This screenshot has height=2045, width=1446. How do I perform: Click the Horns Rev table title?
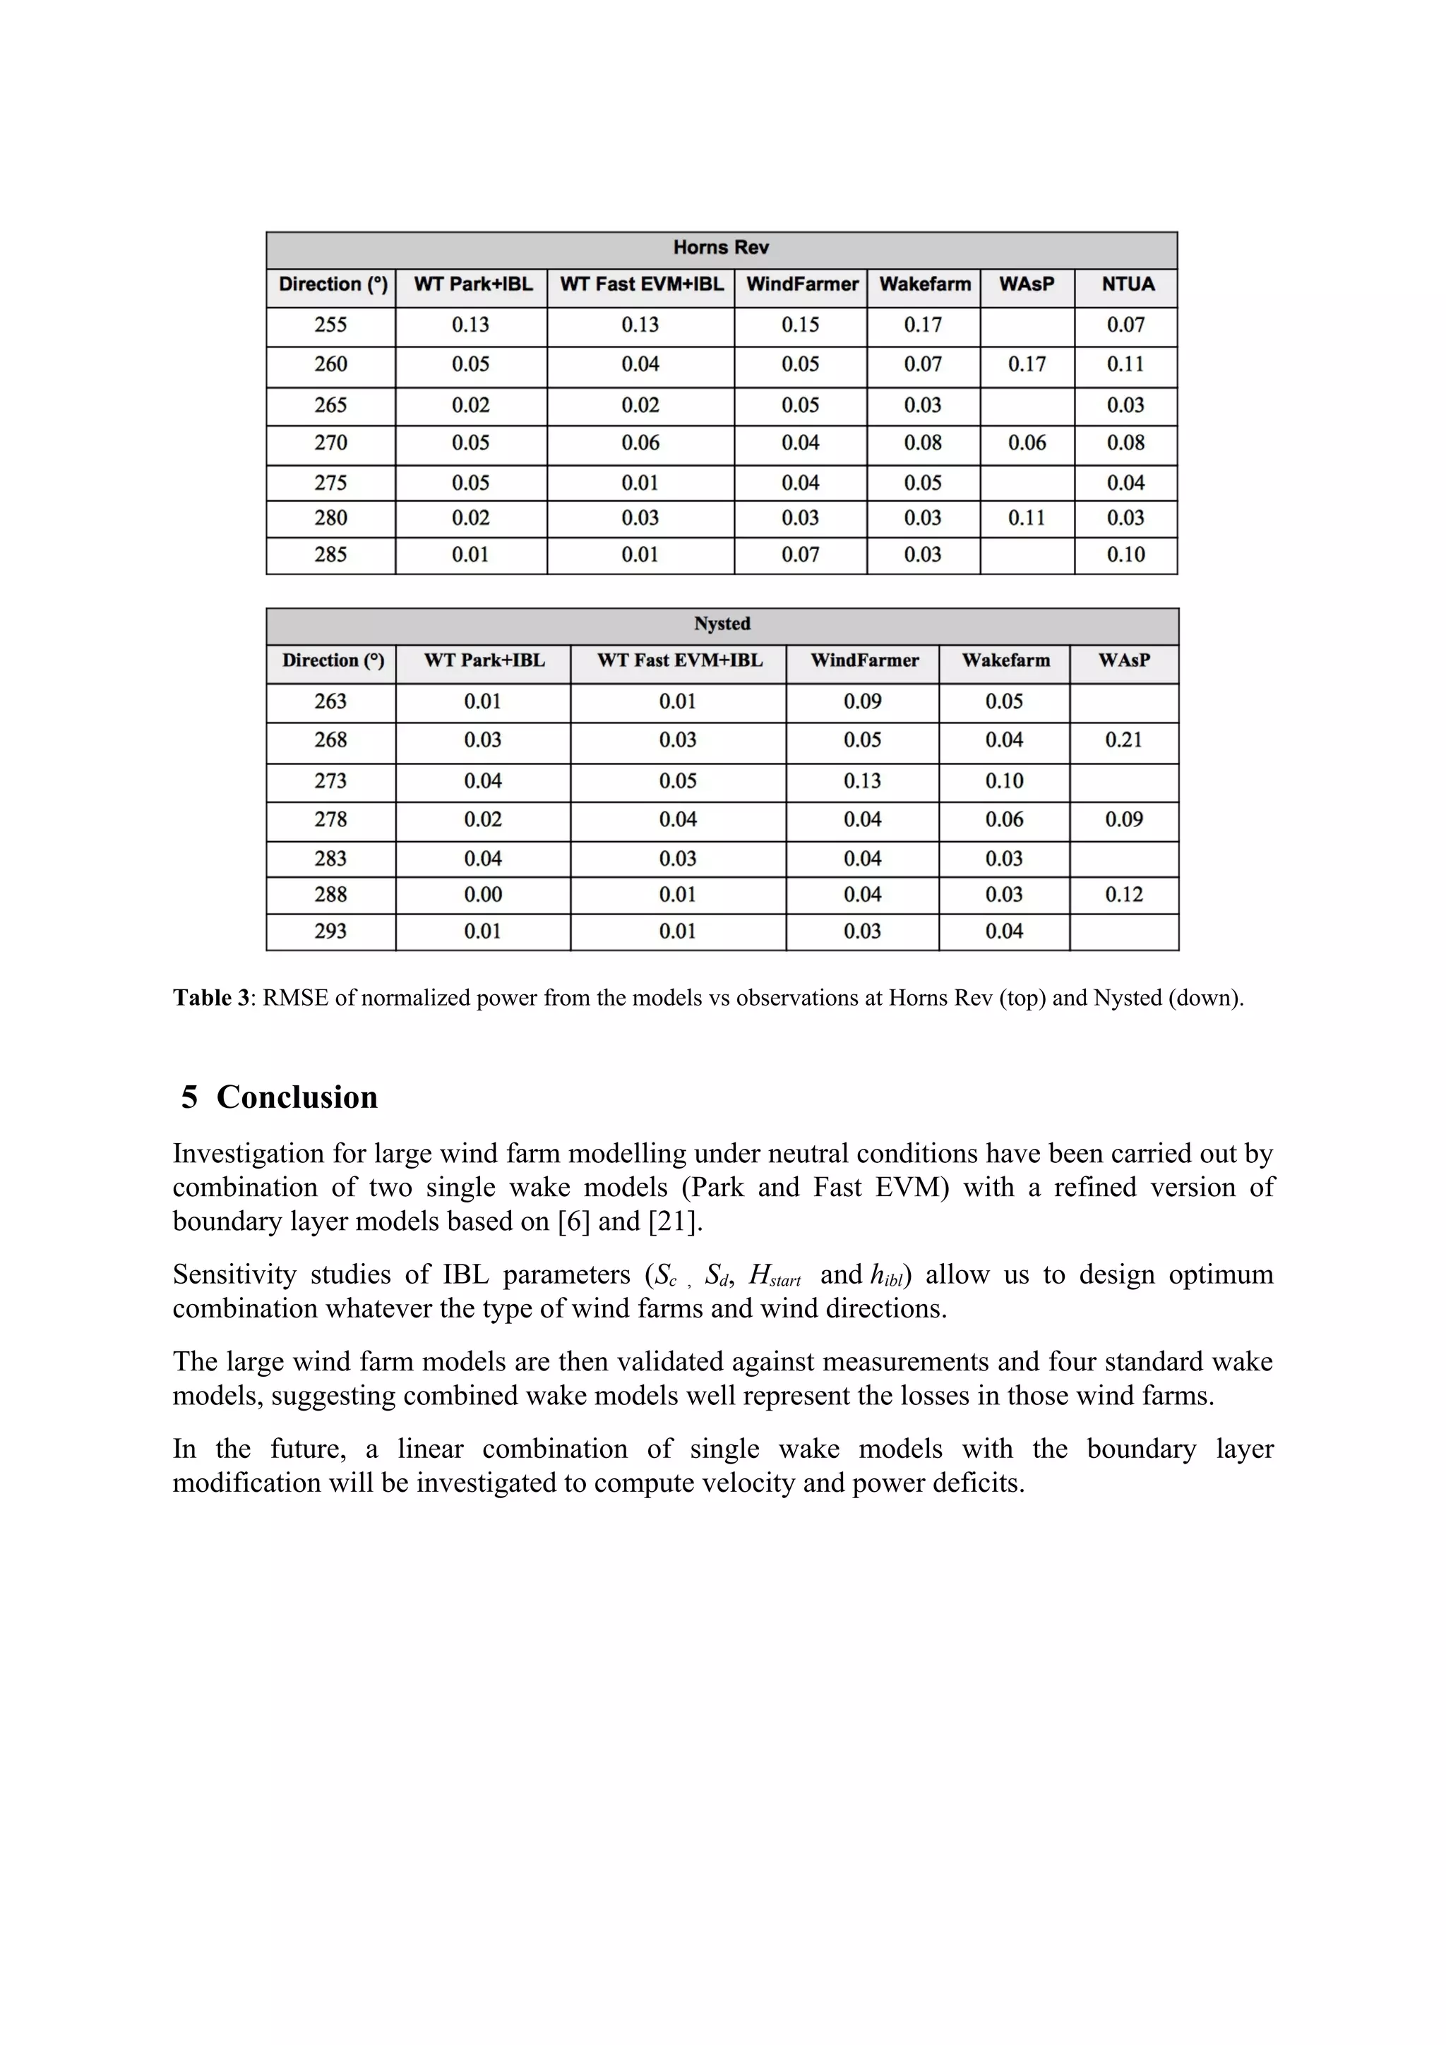[721, 248]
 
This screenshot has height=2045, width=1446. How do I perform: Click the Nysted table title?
[722, 624]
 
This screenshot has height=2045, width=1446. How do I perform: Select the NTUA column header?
[1127, 284]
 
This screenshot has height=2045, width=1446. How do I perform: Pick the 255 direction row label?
[330, 325]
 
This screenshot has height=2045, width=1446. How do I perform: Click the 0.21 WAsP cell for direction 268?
[1123, 740]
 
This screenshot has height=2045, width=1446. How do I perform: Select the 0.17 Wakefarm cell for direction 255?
[922, 325]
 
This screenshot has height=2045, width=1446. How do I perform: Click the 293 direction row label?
[330, 931]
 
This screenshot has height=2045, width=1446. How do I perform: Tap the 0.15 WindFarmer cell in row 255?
[800, 325]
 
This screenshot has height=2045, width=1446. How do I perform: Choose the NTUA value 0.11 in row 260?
[1125, 364]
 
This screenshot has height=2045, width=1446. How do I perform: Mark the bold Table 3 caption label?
[211, 999]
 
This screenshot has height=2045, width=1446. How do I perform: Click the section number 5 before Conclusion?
[189, 1097]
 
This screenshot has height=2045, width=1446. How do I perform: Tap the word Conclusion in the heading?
[297, 1097]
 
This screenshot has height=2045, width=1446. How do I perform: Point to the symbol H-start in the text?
[773, 1277]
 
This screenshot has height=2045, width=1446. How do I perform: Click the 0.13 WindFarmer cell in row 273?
[861, 781]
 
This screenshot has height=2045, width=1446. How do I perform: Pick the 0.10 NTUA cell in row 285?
[1125, 555]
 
